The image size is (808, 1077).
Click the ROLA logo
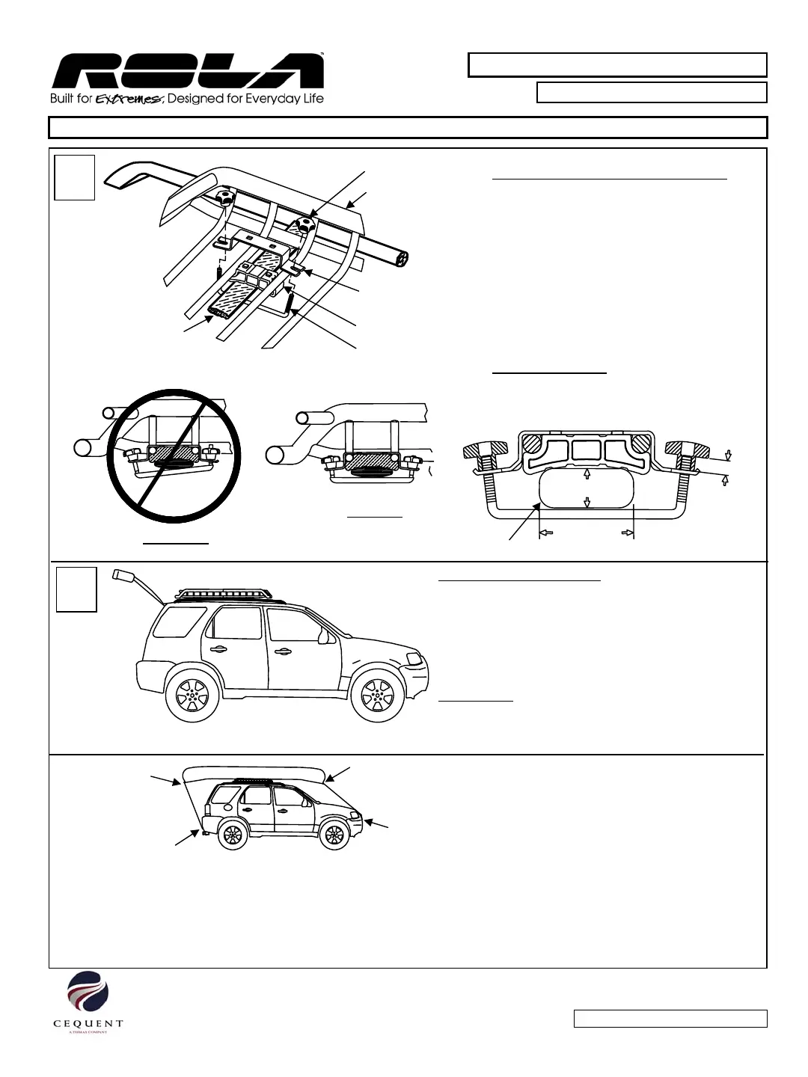pyautogui.click(x=187, y=72)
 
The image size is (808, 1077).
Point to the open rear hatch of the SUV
pyautogui.click(x=138, y=584)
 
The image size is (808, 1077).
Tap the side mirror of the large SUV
pyautogui.click(x=324, y=637)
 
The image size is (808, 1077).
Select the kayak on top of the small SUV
pyautogui.click(x=254, y=773)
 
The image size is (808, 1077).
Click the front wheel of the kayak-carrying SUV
pyautogui.click(x=334, y=835)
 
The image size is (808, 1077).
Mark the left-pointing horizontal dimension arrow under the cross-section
pyautogui.click(x=546, y=533)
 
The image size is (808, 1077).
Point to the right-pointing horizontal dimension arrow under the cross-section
pyautogui.click(x=627, y=533)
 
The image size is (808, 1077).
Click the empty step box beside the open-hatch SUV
pyautogui.click(x=76, y=589)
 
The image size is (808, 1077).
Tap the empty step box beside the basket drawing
pyautogui.click(x=75, y=178)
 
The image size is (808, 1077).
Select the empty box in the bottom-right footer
pyautogui.click(x=670, y=1019)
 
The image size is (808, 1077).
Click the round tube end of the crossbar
pyautogui.click(x=403, y=258)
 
